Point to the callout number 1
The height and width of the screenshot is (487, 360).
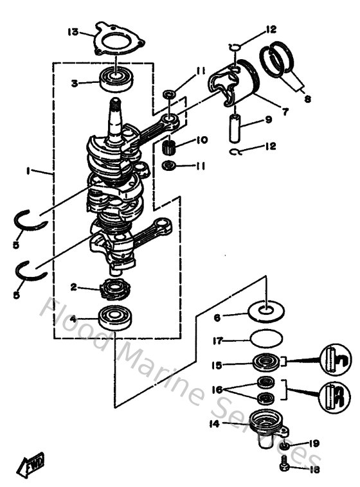(x=28, y=171)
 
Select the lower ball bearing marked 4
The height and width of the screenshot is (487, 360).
(x=116, y=317)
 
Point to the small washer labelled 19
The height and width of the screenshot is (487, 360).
(x=283, y=445)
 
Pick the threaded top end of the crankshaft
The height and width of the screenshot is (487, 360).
(x=115, y=105)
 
